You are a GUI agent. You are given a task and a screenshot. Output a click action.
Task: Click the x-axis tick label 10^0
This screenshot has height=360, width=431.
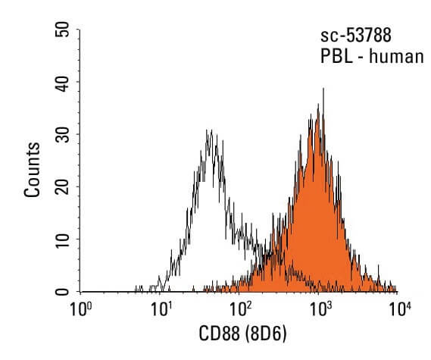pyautogui.click(x=80, y=310)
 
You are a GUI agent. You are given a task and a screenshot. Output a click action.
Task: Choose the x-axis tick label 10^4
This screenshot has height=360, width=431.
pyautogui.click(x=399, y=310)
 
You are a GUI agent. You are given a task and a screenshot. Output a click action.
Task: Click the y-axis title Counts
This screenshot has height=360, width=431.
pyautogui.click(x=33, y=169)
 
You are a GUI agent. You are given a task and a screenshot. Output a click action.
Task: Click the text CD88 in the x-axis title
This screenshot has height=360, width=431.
pyautogui.click(x=218, y=333)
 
